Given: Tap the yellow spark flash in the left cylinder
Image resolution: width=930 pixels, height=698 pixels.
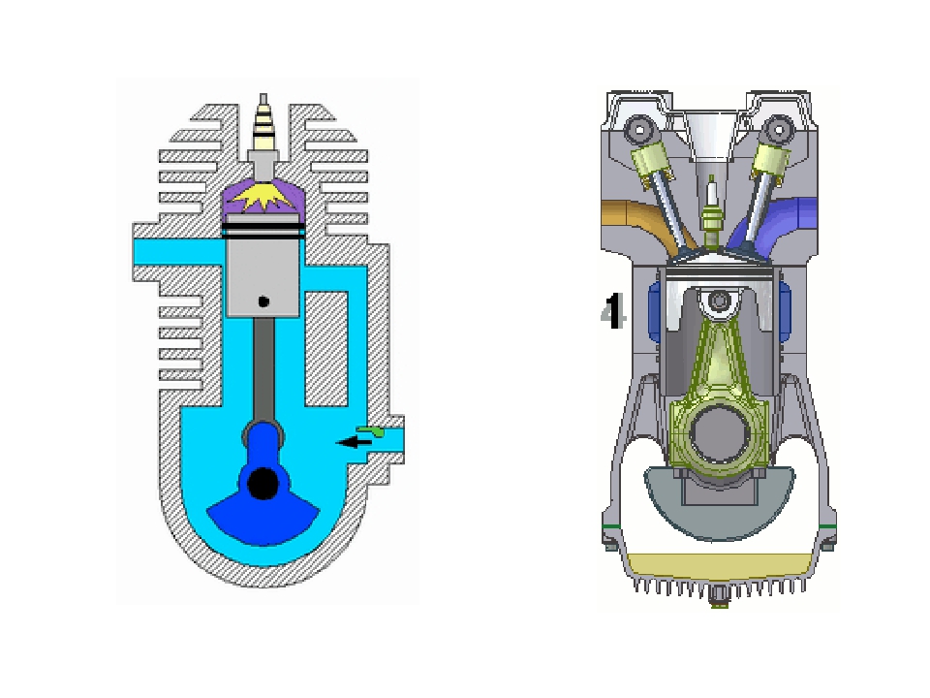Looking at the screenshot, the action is tap(263, 197).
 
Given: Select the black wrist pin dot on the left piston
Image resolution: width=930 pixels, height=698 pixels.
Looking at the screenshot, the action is tap(263, 301).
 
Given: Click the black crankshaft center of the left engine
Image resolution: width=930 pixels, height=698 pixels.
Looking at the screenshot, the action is tap(263, 484).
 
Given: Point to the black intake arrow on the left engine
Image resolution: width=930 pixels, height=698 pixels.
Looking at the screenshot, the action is tap(355, 442).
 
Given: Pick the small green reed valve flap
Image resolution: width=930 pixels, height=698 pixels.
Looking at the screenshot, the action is tap(371, 431).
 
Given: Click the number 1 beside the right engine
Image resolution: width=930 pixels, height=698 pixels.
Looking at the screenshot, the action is tap(613, 311).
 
